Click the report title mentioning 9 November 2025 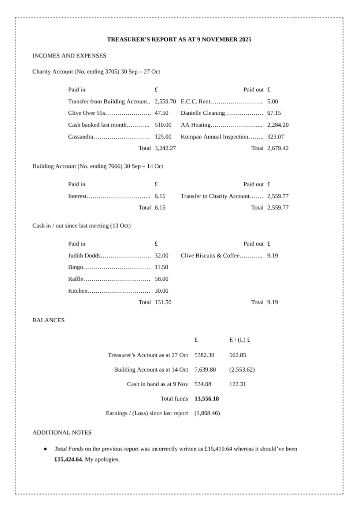tap(179, 39)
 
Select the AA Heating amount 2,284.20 tap(278, 125)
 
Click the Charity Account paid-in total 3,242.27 tap(165, 148)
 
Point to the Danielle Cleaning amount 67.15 tap(274, 113)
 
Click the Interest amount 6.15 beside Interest tap(160, 196)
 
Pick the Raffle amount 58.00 tap(161, 279)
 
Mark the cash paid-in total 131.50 tap(163, 302)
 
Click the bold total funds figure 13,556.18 tap(207, 399)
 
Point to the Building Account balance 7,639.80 tap(205, 370)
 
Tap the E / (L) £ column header tap(240, 340)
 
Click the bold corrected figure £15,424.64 tap(68, 459)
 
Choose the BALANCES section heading tap(48, 320)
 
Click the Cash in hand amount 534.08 tap(203, 384)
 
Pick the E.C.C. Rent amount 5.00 tap(273, 101)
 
